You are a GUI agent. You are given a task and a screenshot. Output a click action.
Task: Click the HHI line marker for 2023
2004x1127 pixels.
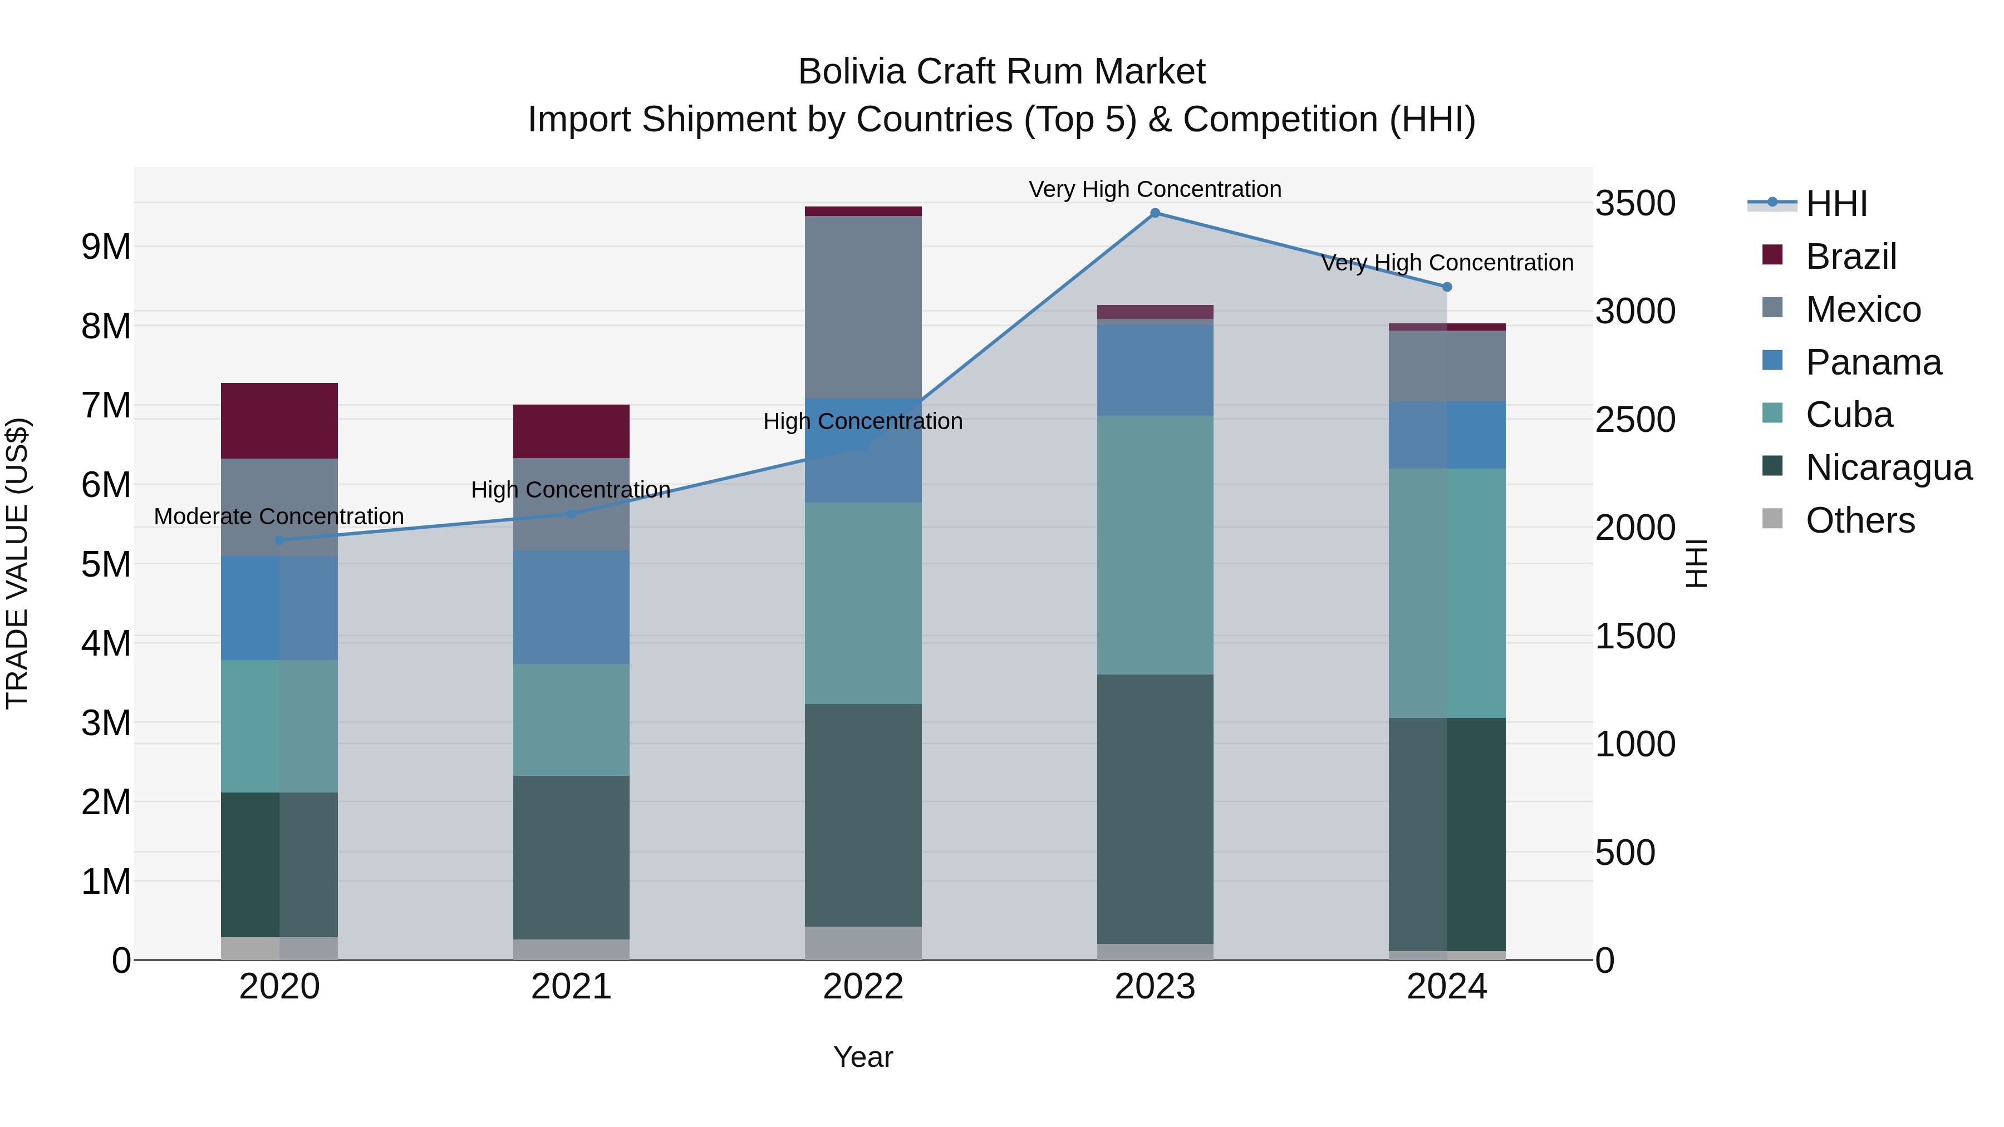click(x=1155, y=213)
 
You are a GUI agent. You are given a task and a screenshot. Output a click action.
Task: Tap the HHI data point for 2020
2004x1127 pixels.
click(x=279, y=540)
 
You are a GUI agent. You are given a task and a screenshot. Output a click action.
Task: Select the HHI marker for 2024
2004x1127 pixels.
click(x=1447, y=287)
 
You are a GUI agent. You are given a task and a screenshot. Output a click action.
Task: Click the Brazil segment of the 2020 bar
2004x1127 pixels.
click(x=279, y=420)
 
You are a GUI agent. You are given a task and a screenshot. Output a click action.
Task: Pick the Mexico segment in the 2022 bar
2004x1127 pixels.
click(x=863, y=307)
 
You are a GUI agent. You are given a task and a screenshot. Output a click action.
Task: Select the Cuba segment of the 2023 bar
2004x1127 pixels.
click(x=1155, y=544)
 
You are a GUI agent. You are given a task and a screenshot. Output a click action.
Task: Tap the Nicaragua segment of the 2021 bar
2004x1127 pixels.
click(x=571, y=857)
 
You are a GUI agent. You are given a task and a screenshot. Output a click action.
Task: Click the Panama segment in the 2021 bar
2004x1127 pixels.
click(x=571, y=607)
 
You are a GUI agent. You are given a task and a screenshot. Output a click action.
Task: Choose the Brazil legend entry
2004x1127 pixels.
click(x=1851, y=256)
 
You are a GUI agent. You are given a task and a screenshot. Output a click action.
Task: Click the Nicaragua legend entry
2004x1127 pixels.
click(x=1888, y=467)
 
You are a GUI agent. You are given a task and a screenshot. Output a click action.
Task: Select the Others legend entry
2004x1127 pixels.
click(x=1859, y=520)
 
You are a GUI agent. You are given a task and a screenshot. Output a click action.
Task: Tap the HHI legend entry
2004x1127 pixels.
click(x=1836, y=204)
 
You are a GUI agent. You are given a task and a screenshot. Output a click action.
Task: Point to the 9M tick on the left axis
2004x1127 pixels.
click(x=106, y=247)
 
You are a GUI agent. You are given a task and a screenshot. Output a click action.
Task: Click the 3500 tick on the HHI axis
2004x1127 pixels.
click(x=1635, y=204)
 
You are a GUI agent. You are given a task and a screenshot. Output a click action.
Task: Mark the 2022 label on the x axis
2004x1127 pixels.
click(x=863, y=987)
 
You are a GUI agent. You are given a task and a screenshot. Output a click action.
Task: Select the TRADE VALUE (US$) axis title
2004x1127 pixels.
click(x=17, y=563)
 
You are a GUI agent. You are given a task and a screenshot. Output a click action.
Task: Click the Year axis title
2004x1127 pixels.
click(x=863, y=1057)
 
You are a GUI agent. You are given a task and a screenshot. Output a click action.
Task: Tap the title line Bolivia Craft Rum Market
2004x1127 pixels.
click(x=1001, y=72)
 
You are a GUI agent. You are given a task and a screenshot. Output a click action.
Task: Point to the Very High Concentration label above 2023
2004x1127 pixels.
click(x=1155, y=189)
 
